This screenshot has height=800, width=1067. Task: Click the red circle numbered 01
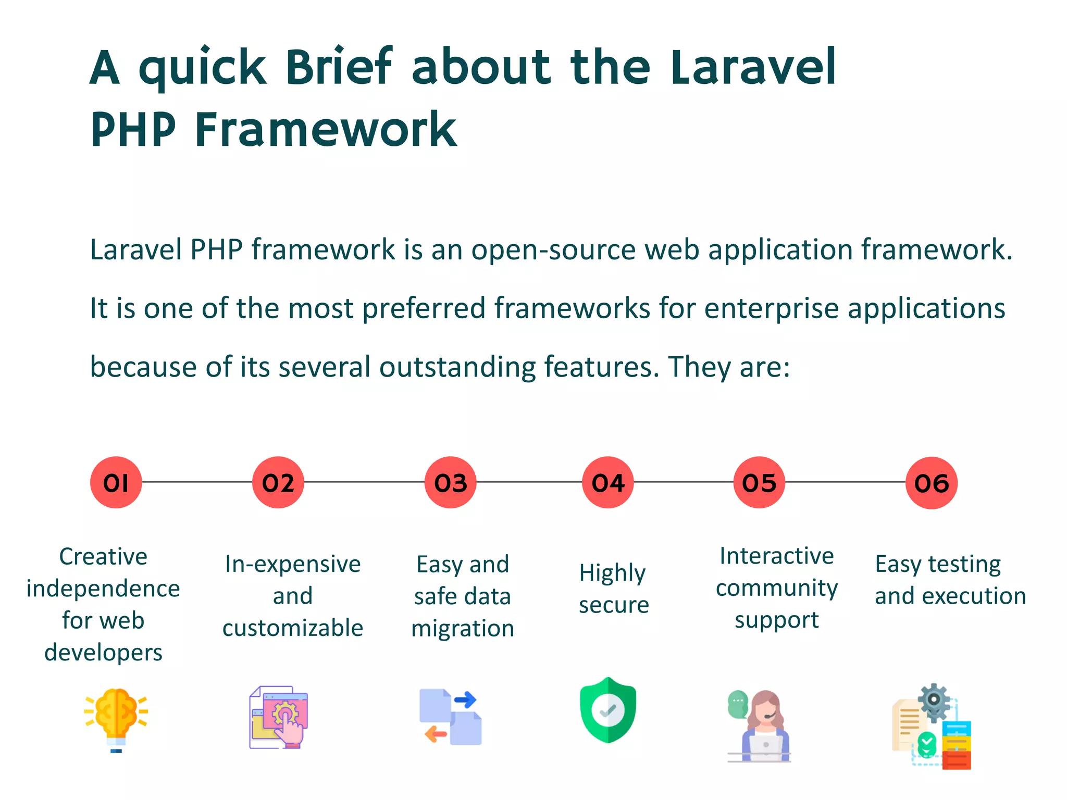click(116, 482)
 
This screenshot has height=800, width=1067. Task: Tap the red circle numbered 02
click(278, 482)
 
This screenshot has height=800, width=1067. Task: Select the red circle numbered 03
click(450, 482)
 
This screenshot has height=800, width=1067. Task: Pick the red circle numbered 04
click(607, 482)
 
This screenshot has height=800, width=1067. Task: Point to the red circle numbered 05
click(759, 482)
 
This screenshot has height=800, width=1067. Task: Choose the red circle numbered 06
click(932, 483)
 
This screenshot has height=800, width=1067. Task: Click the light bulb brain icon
click(116, 719)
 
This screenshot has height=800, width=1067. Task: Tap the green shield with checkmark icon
click(608, 709)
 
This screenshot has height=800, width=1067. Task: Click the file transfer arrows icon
click(451, 717)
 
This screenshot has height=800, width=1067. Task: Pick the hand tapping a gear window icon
click(279, 717)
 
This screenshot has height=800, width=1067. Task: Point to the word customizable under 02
click(293, 628)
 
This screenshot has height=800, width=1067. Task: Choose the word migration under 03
click(463, 629)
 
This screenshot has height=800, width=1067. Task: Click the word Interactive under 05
click(776, 556)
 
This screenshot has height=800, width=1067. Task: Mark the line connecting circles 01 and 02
click(197, 482)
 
